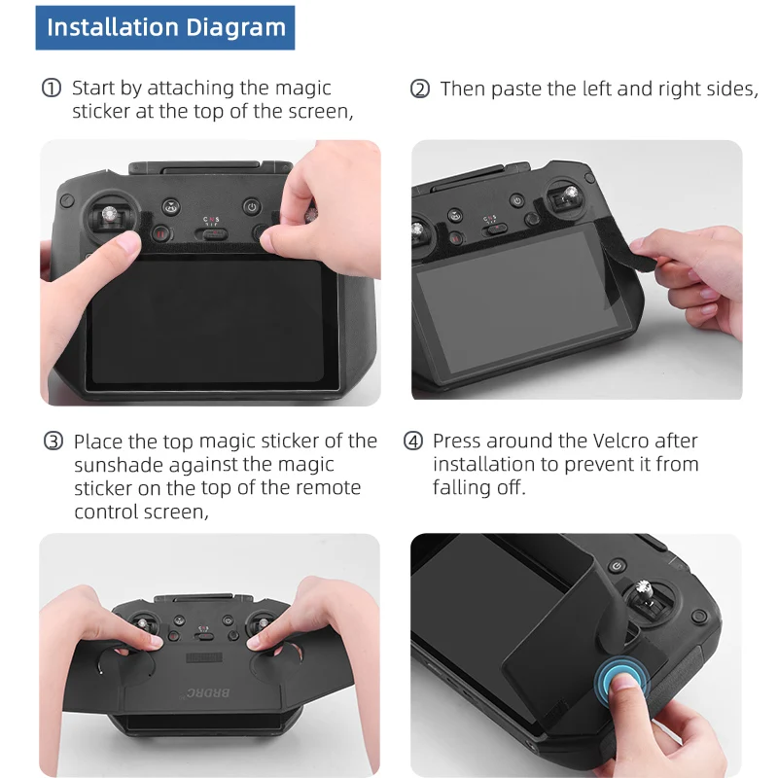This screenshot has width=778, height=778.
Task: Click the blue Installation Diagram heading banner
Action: tap(165, 28)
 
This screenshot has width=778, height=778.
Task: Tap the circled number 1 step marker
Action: tap(52, 88)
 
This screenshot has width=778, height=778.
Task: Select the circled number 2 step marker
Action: tap(420, 89)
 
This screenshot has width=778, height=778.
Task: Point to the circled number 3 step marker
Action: tap(53, 442)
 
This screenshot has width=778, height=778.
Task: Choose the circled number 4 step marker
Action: tap(412, 441)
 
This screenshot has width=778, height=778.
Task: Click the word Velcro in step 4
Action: tap(621, 441)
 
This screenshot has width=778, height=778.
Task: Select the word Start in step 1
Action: tap(93, 88)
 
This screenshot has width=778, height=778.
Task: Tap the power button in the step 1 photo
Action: tap(252, 206)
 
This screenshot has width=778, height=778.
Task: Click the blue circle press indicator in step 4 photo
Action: tap(621, 679)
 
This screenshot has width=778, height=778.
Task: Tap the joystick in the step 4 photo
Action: tap(646, 597)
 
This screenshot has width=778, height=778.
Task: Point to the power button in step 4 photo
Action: tap(617, 566)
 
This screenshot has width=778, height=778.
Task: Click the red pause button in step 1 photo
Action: tap(161, 233)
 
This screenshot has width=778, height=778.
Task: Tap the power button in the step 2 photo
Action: tap(517, 201)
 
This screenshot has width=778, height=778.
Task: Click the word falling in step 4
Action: tap(462, 488)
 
